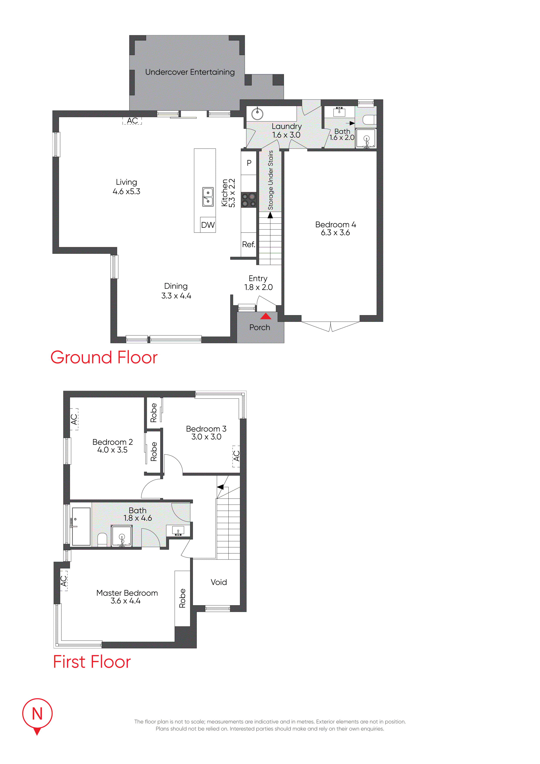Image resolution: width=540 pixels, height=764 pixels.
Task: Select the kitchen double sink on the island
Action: [208, 197]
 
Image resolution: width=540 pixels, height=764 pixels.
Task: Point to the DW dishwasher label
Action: [208, 225]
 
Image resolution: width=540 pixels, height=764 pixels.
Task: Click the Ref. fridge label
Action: [248, 245]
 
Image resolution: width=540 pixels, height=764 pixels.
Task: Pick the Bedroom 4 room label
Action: [335, 225]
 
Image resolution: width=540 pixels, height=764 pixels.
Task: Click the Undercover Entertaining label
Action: [190, 72]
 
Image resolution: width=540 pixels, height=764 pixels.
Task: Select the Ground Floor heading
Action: [104, 357]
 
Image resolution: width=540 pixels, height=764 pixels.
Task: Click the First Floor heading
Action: [92, 662]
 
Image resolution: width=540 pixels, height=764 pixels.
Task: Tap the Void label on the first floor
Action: [219, 582]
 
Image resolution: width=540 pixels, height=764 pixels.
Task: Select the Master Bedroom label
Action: [127, 593]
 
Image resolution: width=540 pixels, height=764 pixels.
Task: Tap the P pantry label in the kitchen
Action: [249, 163]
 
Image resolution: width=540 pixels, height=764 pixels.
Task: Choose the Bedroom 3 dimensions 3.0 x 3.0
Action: [206, 437]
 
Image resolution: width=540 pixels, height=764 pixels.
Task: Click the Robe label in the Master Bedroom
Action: [182, 598]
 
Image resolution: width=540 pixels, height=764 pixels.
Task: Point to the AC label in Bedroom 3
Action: [236, 456]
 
